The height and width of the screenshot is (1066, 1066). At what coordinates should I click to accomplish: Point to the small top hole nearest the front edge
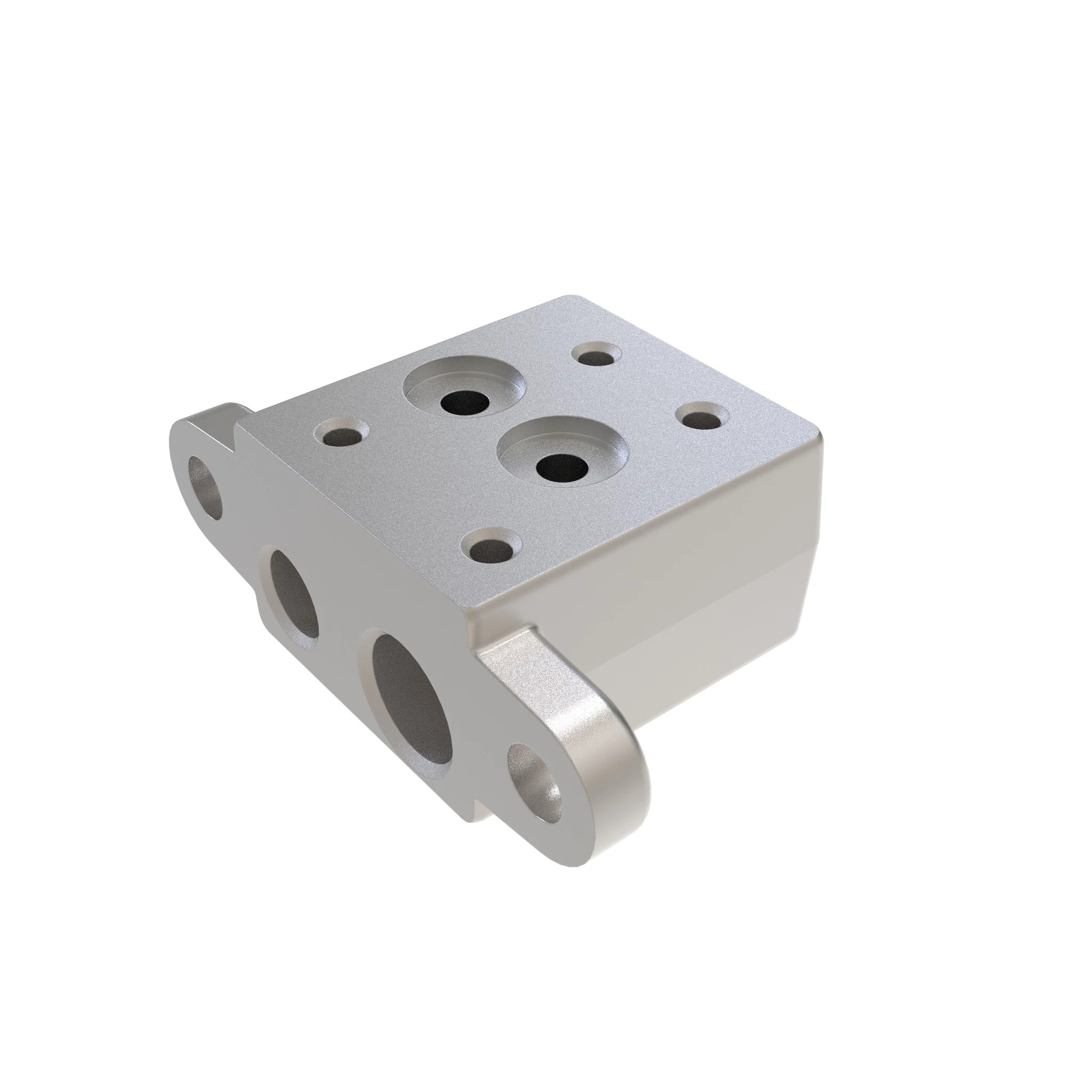pos(490,547)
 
